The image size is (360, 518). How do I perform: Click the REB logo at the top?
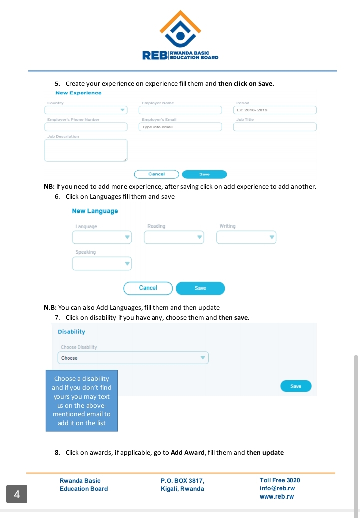(x=180, y=35)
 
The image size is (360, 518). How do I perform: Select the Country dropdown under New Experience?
(x=86, y=110)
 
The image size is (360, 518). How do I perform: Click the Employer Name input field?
(x=180, y=110)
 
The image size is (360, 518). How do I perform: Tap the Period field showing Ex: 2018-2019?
(x=275, y=110)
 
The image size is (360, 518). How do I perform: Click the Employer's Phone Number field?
(x=86, y=127)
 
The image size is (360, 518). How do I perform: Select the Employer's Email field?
(x=180, y=127)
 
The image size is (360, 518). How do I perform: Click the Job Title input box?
(x=275, y=127)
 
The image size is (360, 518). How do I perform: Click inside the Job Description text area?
(x=86, y=150)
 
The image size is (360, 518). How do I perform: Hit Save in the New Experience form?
(x=204, y=174)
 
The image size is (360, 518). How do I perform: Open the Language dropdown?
(x=102, y=237)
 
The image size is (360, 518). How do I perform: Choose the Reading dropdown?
(x=174, y=237)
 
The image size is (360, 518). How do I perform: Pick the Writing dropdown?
(x=246, y=237)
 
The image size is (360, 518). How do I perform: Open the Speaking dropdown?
(x=102, y=263)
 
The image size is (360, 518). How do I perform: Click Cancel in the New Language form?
(x=148, y=288)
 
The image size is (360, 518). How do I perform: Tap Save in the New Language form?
(x=200, y=288)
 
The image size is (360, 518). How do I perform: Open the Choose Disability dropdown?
(x=133, y=358)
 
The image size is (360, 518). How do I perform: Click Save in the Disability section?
(x=296, y=386)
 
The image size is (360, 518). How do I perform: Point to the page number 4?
(x=17, y=495)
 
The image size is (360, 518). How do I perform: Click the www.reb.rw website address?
(x=277, y=497)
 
